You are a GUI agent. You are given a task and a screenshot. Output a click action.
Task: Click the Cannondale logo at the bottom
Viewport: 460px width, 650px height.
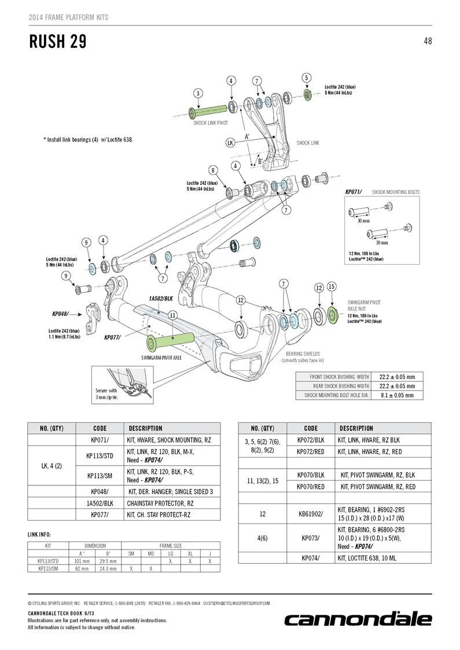[358, 620]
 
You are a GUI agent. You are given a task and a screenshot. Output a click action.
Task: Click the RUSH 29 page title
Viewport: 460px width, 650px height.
[58, 42]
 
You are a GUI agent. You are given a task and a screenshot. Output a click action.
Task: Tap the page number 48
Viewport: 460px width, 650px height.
[428, 41]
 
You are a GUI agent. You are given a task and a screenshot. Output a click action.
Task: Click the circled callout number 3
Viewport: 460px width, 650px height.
[198, 93]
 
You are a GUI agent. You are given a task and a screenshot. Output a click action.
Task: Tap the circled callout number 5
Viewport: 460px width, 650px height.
[307, 77]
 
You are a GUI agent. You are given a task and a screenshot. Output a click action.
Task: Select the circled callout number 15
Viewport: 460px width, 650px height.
[332, 287]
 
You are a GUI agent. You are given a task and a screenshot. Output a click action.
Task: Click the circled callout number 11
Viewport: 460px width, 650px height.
[172, 315]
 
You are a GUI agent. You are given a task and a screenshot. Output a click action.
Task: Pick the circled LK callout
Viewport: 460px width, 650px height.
[230, 143]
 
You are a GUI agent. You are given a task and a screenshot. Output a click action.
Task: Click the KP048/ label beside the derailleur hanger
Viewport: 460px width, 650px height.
[60, 314]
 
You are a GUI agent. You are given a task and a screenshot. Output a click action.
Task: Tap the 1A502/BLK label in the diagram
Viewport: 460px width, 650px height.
[161, 299]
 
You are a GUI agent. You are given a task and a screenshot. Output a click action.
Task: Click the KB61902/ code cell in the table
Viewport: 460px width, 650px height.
[311, 514]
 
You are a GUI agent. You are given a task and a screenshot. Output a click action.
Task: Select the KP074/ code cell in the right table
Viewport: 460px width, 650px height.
[311, 558]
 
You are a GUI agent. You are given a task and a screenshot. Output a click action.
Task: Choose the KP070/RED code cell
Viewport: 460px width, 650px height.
[311, 486]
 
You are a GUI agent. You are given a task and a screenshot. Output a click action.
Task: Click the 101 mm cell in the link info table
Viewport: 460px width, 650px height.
[82, 561]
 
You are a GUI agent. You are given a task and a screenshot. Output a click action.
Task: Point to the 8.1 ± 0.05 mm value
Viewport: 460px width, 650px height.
[397, 395]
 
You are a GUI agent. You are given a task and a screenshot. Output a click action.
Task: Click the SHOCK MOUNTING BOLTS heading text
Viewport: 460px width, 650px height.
[396, 192]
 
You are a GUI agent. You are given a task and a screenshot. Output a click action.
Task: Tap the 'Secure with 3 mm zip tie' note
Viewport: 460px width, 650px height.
[106, 394]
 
